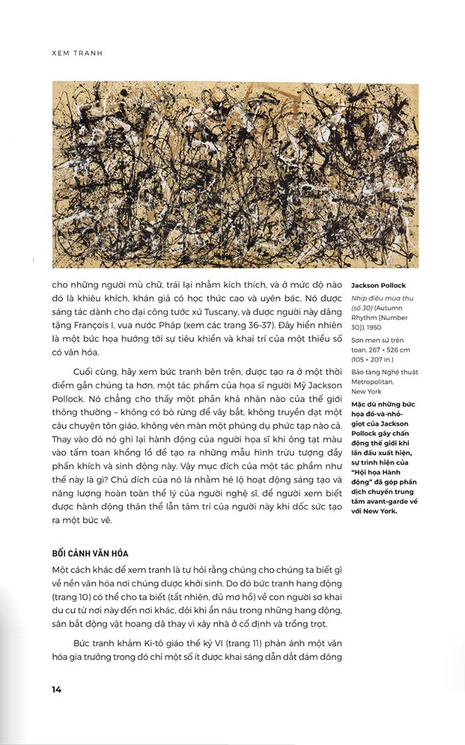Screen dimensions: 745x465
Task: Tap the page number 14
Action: coord(56,689)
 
